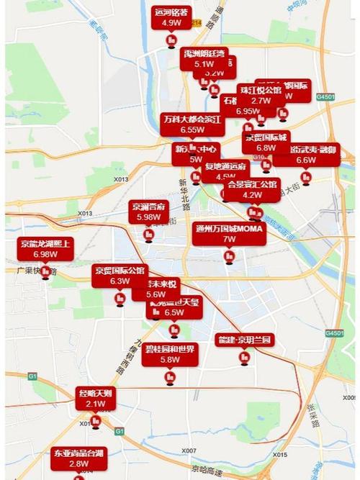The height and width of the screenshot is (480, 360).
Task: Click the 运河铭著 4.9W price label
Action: [x=171, y=17]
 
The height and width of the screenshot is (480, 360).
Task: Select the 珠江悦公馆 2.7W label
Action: [x=261, y=96]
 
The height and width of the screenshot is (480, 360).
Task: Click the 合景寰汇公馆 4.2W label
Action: [x=252, y=189]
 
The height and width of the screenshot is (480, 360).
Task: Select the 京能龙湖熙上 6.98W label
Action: [x=45, y=248]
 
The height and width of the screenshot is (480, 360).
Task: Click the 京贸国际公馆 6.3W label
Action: [x=120, y=276]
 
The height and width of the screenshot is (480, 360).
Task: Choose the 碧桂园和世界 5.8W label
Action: [x=170, y=354]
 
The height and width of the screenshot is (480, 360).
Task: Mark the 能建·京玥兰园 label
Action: [x=245, y=340]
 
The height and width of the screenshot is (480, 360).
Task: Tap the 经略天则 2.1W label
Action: [x=95, y=398]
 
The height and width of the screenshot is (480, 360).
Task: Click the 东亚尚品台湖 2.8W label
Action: [x=79, y=458]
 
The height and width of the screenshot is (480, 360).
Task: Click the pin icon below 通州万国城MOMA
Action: [x=230, y=256]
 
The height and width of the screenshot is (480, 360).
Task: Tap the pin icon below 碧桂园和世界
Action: [x=170, y=376]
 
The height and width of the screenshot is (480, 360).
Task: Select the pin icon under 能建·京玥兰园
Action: [x=245, y=358]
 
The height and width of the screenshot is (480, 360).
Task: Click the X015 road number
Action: [x=280, y=454]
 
